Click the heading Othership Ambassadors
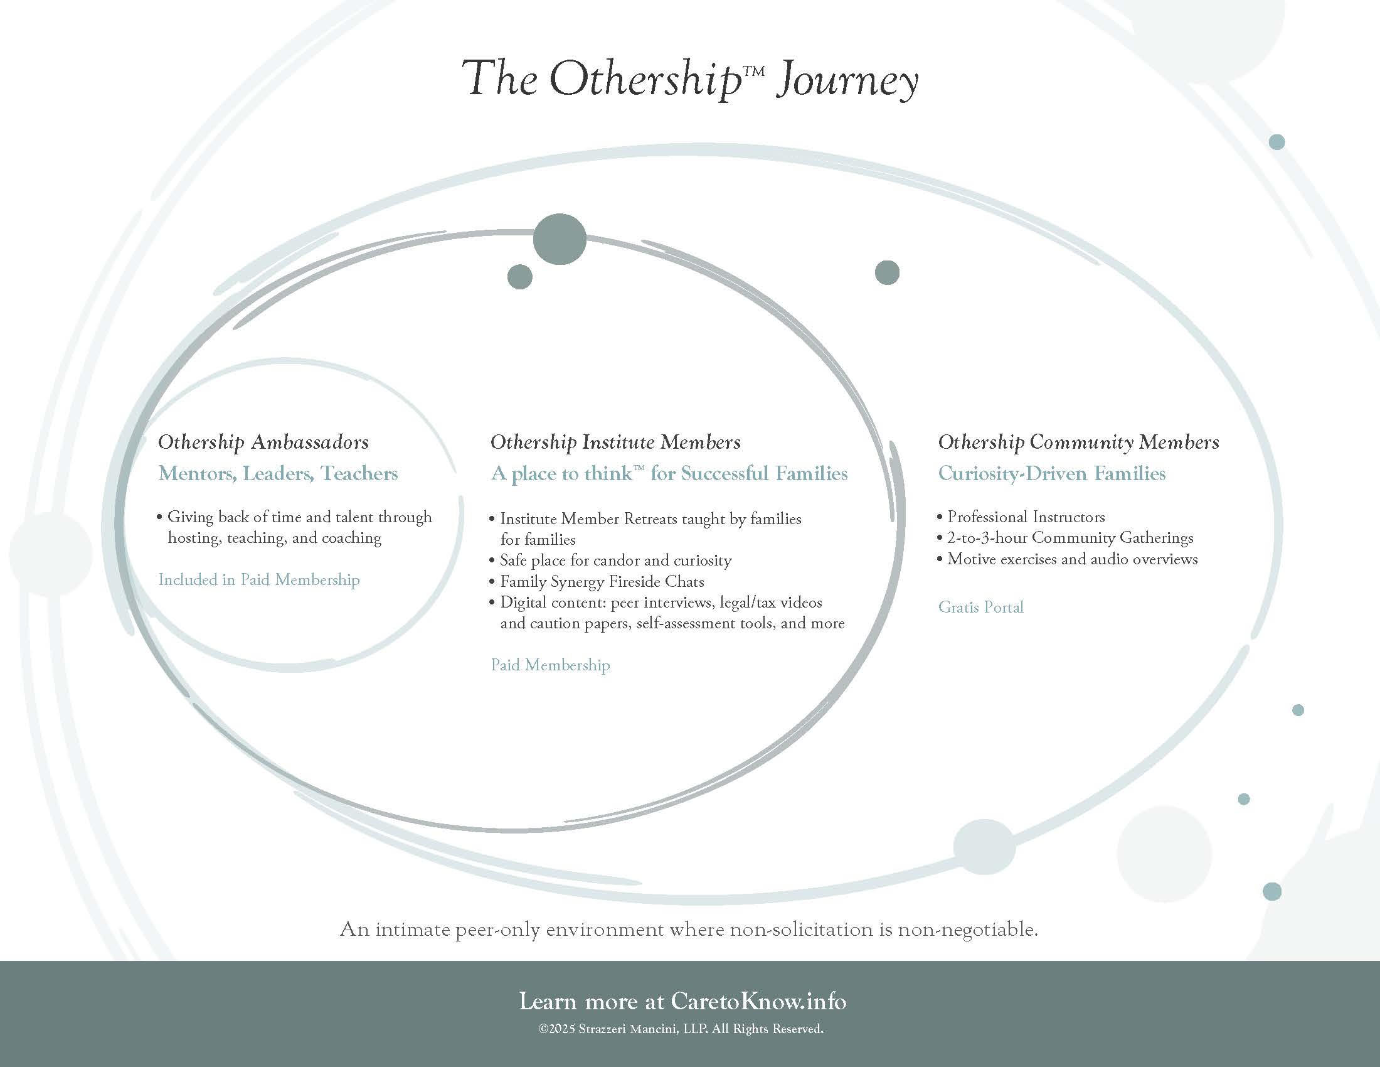tap(263, 442)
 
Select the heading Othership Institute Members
tap(615, 442)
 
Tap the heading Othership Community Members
tap(1078, 442)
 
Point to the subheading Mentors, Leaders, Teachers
tap(278, 473)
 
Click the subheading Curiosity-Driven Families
tap(1051, 473)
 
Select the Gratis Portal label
tap(980, 608)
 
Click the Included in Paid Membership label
tap(259, 580)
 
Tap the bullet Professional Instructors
tap(1026, 517)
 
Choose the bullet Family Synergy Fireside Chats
tap(602, 582)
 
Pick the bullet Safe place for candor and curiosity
tap(615, 560)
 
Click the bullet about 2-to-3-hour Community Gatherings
tap(1069, 538)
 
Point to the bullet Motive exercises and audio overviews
tap(1071, 559)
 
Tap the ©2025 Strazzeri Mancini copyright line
tap(681, 1029)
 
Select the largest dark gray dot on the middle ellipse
tap(559, 240)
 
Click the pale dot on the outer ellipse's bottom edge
tap(984, 847)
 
